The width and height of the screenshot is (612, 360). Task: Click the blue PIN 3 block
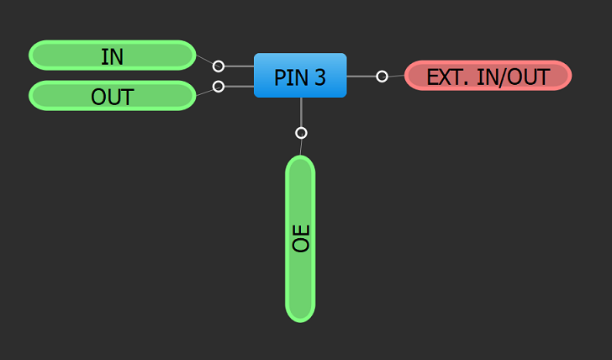(x=300, y=76)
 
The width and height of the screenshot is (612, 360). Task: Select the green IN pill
(x=113, y=56)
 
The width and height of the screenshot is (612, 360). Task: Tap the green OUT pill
(x=113, y=96)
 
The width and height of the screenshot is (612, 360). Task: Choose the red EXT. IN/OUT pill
(x=488, y=76)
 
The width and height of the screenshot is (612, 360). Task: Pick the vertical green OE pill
(x=300, y=238)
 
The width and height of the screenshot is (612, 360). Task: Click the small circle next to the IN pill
(x=219, y=66)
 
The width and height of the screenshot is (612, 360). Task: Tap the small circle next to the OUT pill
(x=219, y=86)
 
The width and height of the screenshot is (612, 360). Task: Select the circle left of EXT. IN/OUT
(x=382, y=76)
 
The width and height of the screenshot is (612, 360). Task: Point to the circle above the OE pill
(x=301, y=132)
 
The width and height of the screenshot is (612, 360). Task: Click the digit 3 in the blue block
(x=320, y=77)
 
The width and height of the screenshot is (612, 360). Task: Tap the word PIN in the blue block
(x=290, y=77)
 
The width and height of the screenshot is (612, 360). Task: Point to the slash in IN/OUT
(x=501, y=77)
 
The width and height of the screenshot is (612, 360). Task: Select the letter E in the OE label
(x=301, y=230)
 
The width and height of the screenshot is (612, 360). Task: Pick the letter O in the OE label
(x=301, y=245)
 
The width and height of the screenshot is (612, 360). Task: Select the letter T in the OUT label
(x=127, y=97)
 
